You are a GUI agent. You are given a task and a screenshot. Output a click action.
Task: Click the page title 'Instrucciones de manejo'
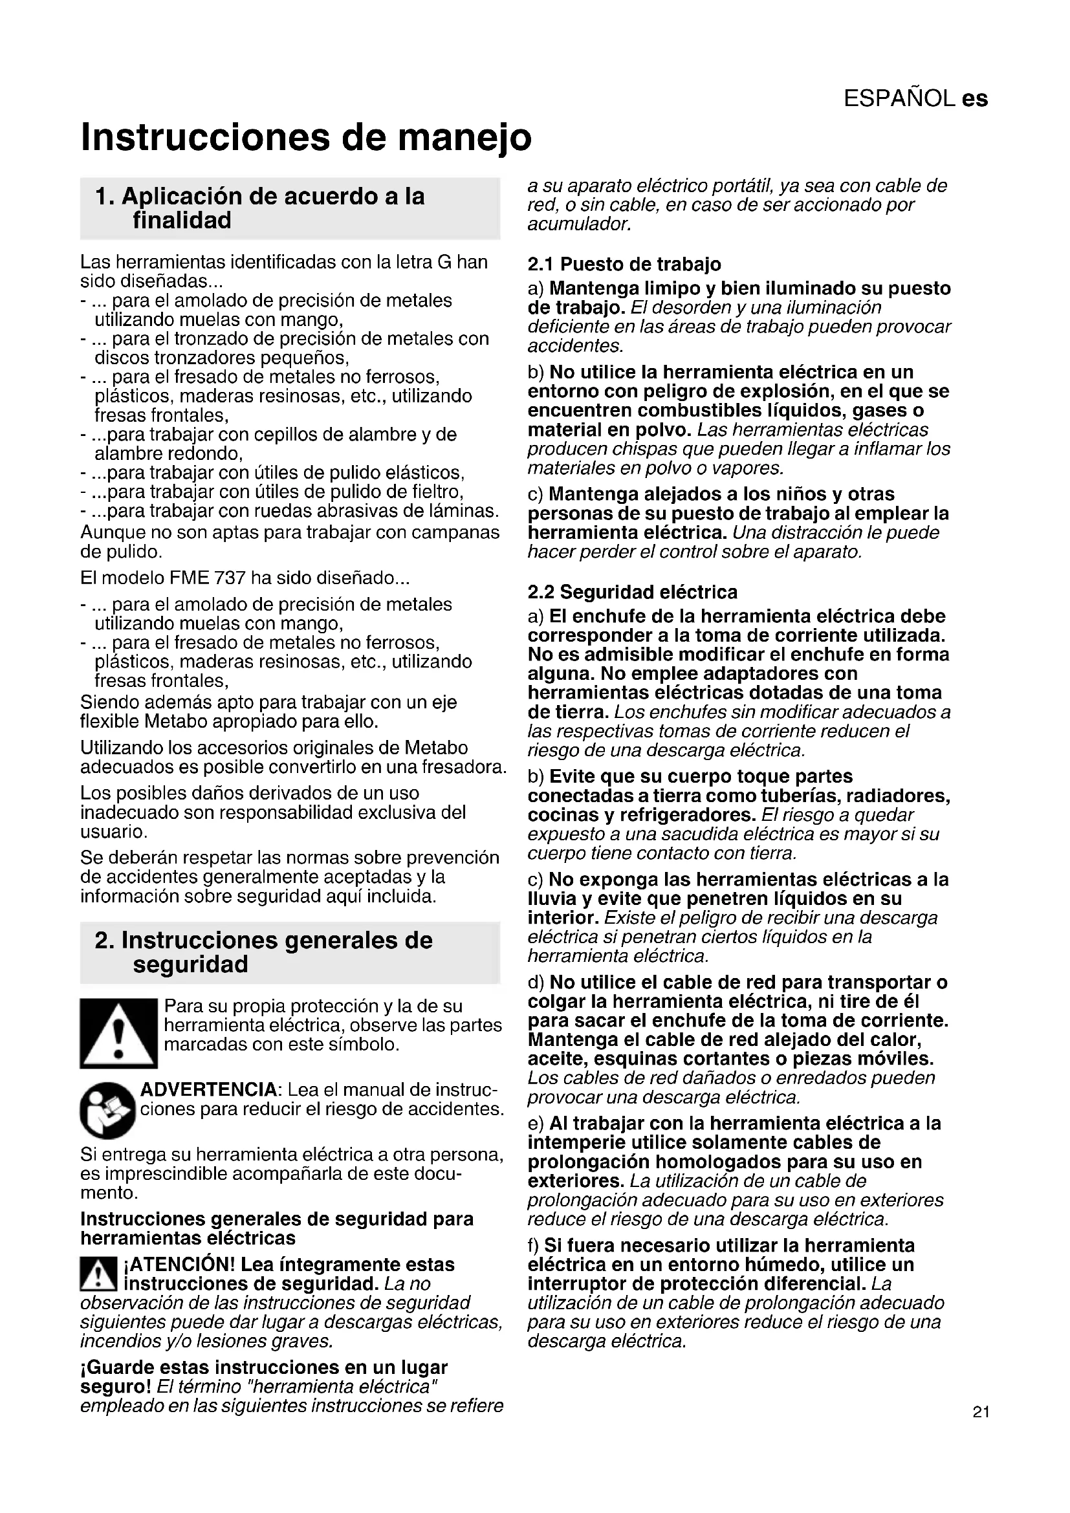[306, 137]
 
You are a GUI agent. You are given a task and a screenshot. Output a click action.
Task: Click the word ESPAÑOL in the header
[899, 99]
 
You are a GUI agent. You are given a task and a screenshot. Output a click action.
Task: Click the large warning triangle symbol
[118, 1033]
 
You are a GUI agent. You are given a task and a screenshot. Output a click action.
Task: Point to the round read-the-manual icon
[107, 1111]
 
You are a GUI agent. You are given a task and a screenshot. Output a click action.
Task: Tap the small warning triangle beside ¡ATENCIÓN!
[98, 1274]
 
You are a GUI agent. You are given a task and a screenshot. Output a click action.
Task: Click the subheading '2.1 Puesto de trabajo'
[624, 265]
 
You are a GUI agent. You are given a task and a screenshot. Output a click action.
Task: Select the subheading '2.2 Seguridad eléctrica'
[632, 592]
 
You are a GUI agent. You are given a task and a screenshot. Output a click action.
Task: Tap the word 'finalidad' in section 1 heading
[182, 221]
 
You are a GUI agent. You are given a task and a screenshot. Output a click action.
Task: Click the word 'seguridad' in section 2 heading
[190, 964]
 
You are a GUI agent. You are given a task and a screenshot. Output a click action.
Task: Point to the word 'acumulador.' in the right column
[579, 224]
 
